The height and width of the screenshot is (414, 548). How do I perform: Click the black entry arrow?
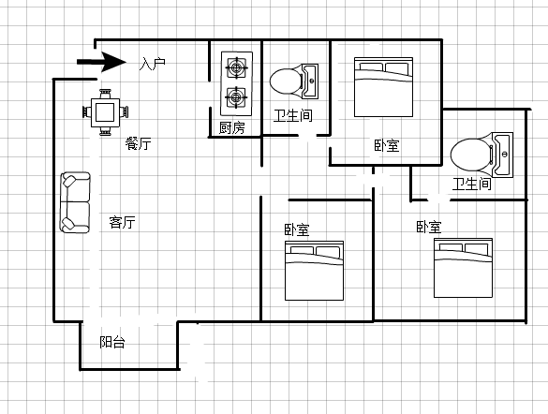[101, 62]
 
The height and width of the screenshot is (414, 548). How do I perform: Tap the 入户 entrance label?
[152, 64]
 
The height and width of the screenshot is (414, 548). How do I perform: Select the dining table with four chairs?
[105, 112]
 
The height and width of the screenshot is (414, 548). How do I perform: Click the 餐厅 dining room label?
[139, 143]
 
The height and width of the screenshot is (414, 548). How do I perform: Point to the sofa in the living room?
[75, 202]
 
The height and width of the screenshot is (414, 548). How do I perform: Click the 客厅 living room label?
[122, 222]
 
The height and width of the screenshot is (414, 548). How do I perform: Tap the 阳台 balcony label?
[112, 342]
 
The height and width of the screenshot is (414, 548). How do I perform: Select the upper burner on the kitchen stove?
[237, 67]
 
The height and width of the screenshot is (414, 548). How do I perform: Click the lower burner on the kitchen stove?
[237, 97]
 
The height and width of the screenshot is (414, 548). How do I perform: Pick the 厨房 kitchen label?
[232, 128]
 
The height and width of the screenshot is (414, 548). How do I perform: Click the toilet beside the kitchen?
[294, 81]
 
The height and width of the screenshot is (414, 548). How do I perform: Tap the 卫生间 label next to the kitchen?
[293, 115]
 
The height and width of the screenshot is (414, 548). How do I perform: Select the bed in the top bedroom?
[383, 87]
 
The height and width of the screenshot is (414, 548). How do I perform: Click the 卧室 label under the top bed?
[387, 145]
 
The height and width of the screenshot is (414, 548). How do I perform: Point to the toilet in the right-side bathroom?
[481, 155]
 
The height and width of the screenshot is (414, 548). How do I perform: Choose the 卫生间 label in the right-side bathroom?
[472, 184]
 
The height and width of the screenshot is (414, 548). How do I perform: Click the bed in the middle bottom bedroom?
[314, 271]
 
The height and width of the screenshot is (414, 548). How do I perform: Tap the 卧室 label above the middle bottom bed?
[297, 229]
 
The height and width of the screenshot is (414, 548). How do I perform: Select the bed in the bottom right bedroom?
[463, 268]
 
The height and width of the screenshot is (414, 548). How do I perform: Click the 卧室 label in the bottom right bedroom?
[429, 227]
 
